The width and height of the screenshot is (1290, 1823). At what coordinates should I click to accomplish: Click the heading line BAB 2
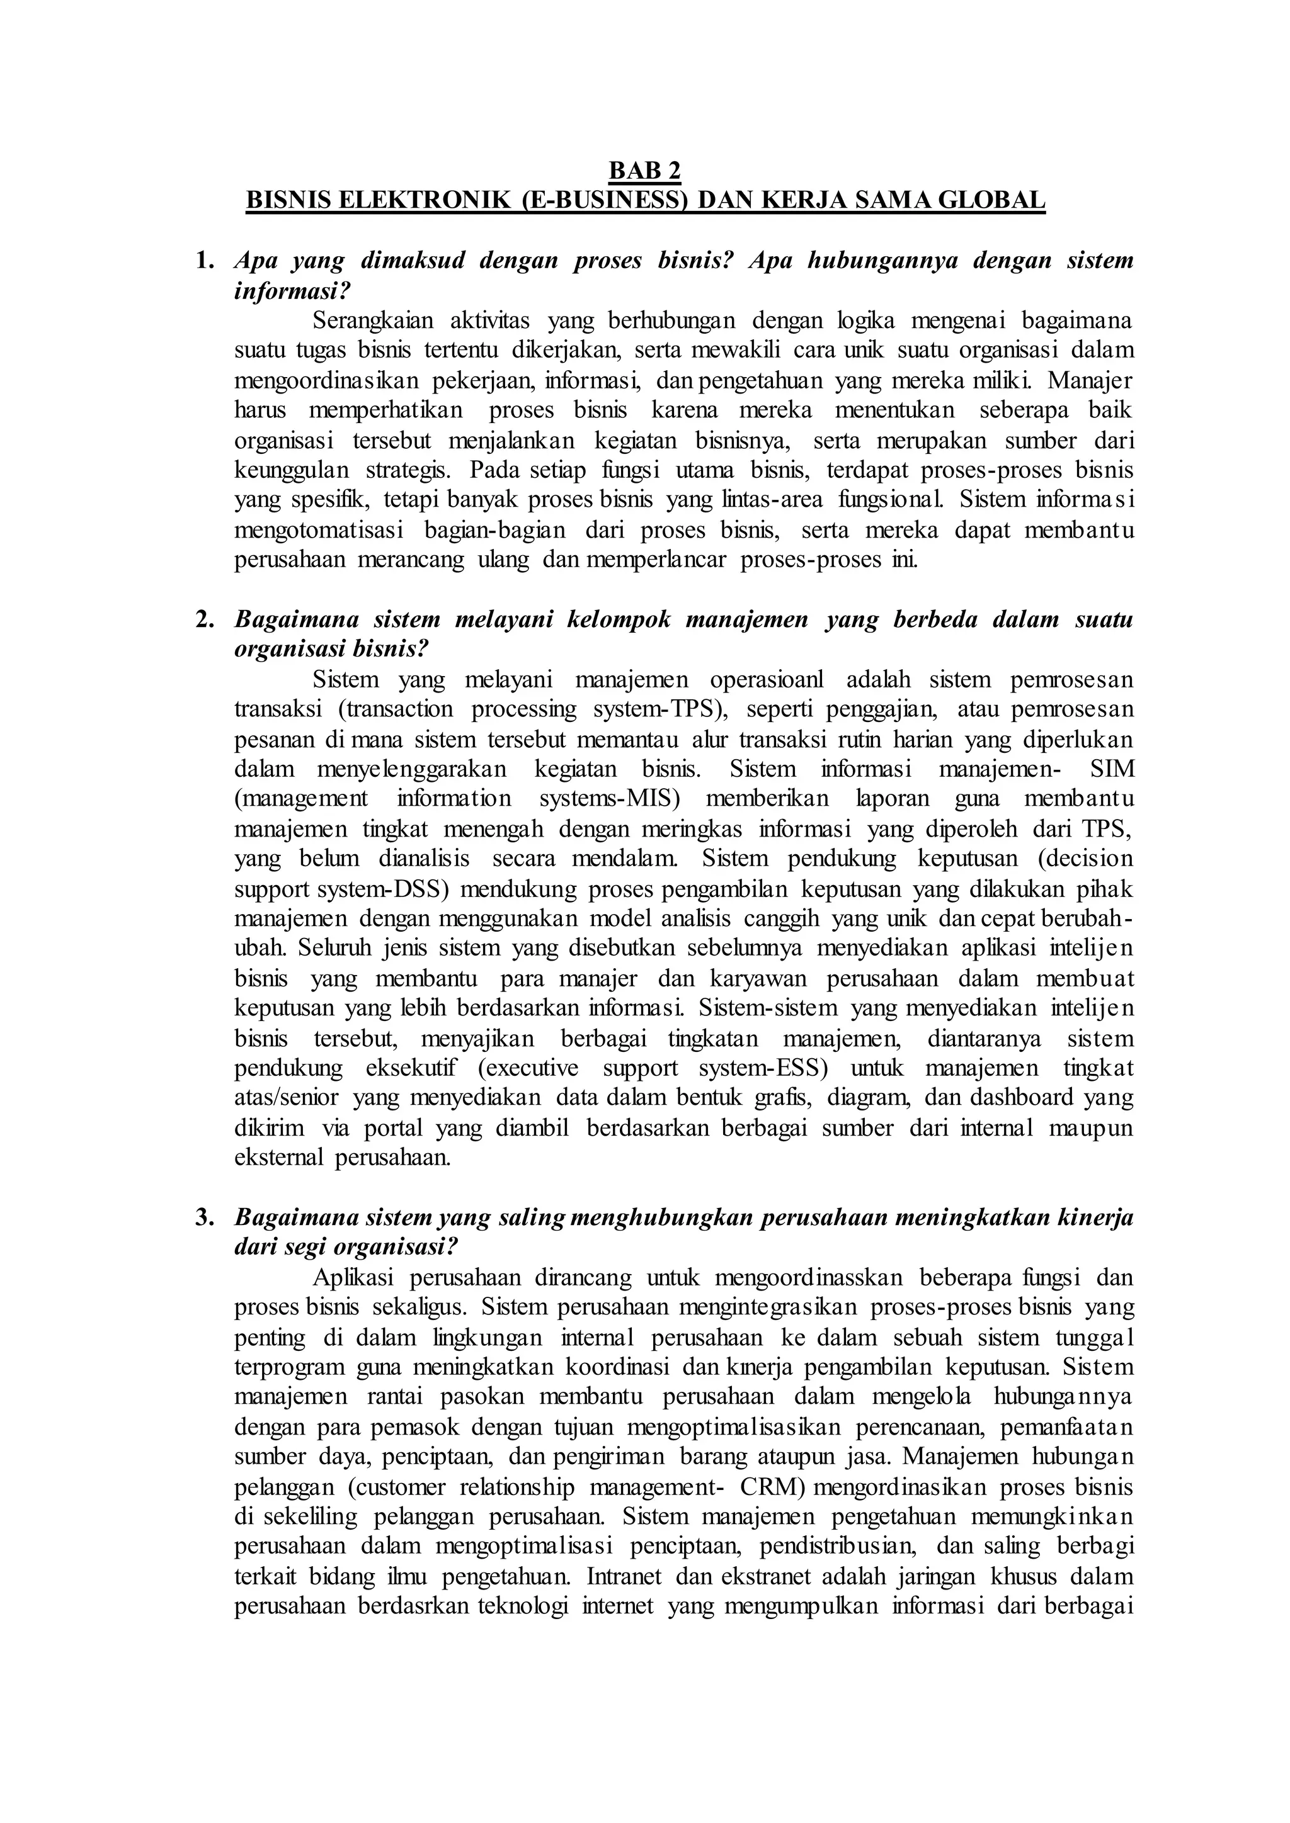tap(644, 171)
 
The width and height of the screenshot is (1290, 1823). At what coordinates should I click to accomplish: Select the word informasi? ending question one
tap(292, 291)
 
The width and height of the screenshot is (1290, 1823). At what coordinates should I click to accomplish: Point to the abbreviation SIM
tap(1114, 769)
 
